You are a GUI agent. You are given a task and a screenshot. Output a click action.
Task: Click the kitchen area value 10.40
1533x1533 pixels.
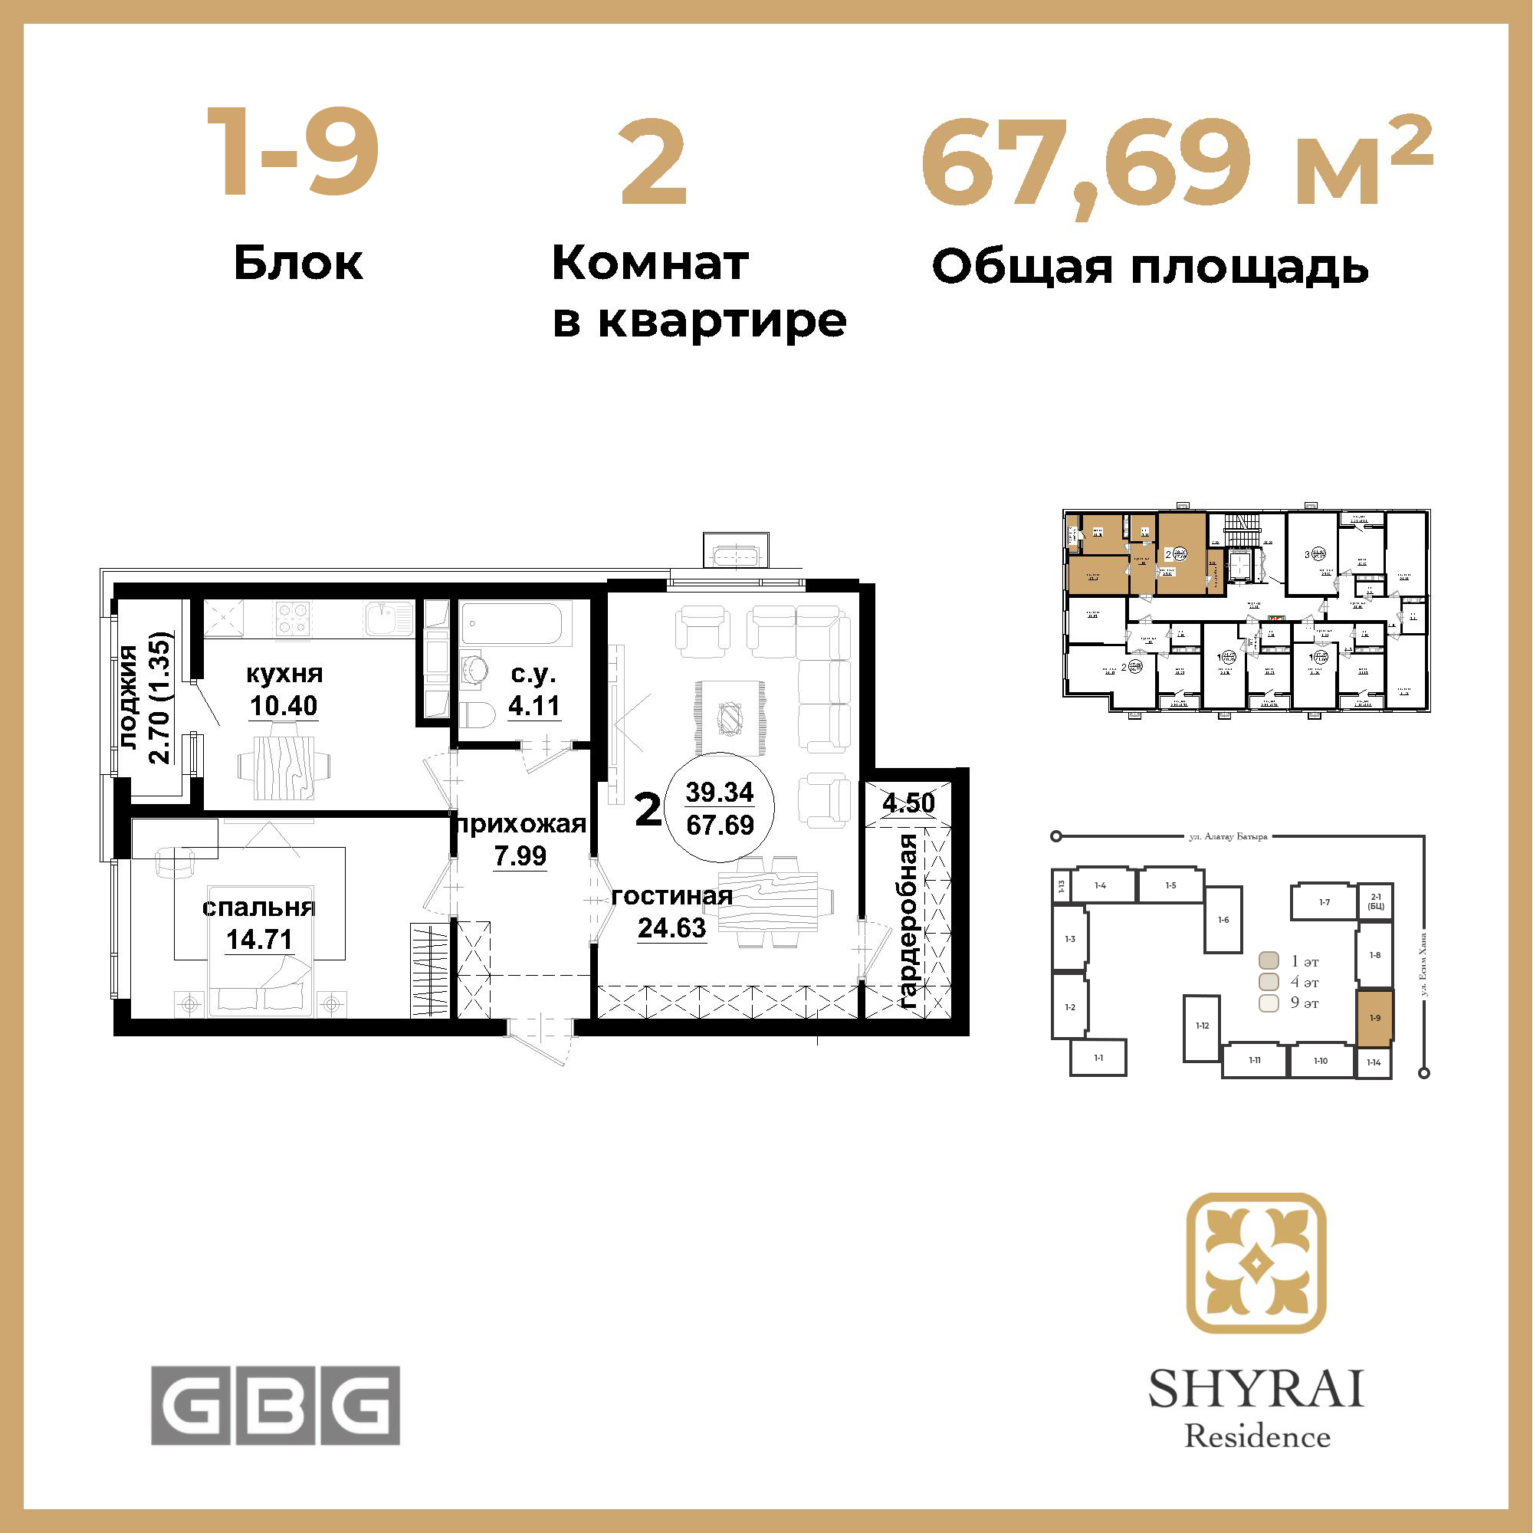(284, 705)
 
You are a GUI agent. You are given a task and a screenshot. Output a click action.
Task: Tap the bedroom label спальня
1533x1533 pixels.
(258, 908)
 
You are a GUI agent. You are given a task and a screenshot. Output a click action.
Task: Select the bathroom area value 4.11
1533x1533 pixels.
(534, 705)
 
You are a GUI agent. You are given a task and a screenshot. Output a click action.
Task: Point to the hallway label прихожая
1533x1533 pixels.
(520, 825)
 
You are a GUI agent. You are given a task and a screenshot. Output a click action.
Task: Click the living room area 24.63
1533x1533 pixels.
(671, 927)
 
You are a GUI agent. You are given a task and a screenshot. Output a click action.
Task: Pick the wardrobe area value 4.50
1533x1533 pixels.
(908, 803)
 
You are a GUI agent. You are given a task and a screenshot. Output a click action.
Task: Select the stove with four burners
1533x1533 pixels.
(292, 618)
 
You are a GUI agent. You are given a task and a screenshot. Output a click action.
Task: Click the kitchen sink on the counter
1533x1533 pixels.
(389, 618)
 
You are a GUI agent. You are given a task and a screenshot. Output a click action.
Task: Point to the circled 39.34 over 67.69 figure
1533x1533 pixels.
(720, 808)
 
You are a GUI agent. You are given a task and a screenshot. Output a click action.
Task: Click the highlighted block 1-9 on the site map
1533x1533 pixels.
(1374, 1019)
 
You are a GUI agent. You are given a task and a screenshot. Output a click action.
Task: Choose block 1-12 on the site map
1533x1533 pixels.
(1202, 1027)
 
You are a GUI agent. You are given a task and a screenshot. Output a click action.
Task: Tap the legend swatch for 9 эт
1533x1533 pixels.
(1269, 1003)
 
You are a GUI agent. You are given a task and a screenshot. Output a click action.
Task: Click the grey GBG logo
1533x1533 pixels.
(275, 1405)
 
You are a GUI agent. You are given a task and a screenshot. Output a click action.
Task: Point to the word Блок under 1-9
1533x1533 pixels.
(298, 264)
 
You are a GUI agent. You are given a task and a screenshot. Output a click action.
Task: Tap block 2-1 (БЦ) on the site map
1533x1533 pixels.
(1376, 901)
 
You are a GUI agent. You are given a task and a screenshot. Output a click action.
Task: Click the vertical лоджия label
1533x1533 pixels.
(130, 697)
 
